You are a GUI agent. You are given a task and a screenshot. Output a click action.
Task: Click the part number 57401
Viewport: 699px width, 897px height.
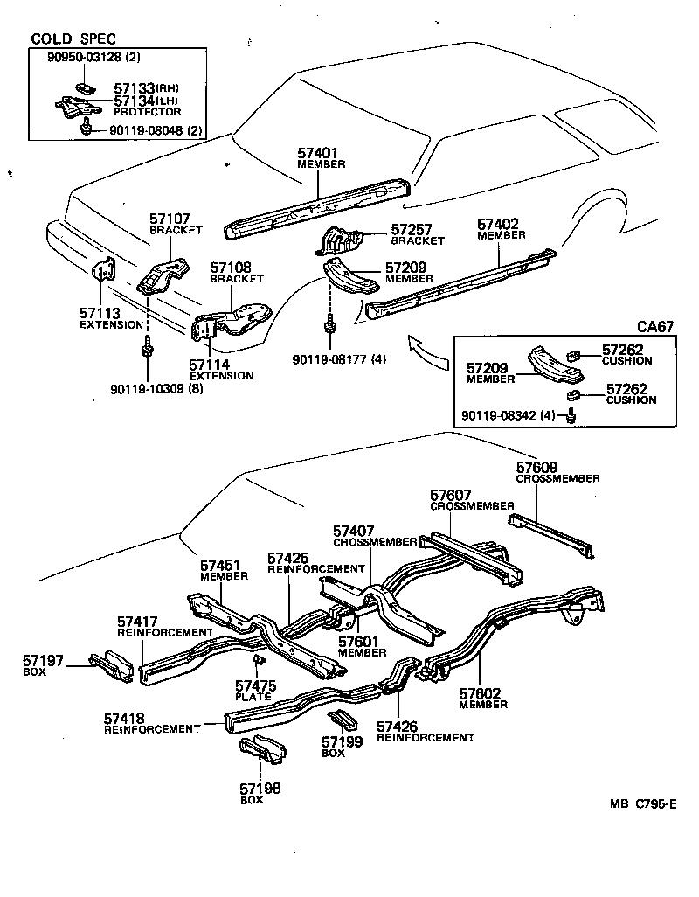[x=317, y=153]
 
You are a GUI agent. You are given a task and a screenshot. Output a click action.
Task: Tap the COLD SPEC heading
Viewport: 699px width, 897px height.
[x=73, y=39]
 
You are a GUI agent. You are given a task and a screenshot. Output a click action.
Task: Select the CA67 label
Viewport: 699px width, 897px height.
[x=654, y=327]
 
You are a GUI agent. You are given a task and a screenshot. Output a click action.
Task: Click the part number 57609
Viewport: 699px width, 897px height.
[x=536, y=468]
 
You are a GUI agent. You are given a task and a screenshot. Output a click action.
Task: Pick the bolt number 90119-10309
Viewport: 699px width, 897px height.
[x=154, y=388]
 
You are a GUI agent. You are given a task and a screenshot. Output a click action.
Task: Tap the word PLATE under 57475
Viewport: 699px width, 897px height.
[x=253, y=697]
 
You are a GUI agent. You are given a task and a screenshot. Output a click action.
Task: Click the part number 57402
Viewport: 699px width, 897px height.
[x=498, y=224]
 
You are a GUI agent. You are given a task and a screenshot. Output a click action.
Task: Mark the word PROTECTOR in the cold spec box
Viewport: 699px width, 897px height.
[x=148, y=112]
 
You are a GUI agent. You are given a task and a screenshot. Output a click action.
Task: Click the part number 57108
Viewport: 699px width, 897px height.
[x=232, y=268]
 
